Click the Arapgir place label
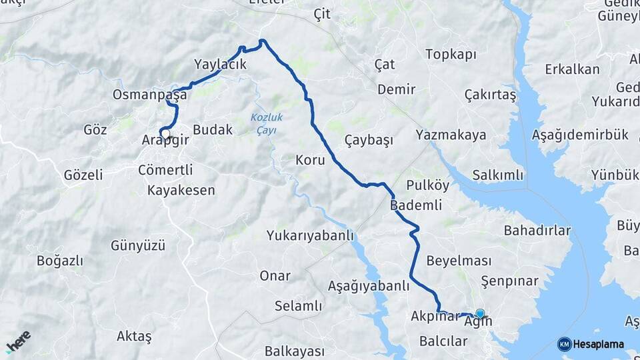coord(166,141)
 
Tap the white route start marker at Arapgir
coord(164,133)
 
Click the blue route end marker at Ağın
coord(479,313)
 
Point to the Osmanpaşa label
coord(150,95)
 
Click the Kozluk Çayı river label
coord(267,123)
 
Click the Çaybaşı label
coord(369,140)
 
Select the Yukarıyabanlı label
coord(310,236)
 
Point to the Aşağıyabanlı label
coord(369,286)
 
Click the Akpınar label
coord(435,316)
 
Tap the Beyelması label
coord(459,261)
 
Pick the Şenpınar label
coord(509,281)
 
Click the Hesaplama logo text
coord(598,344)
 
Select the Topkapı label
coord(451,54)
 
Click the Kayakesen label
coord(181,191)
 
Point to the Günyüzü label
coord(138,245)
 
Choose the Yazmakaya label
coord(450,135)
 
